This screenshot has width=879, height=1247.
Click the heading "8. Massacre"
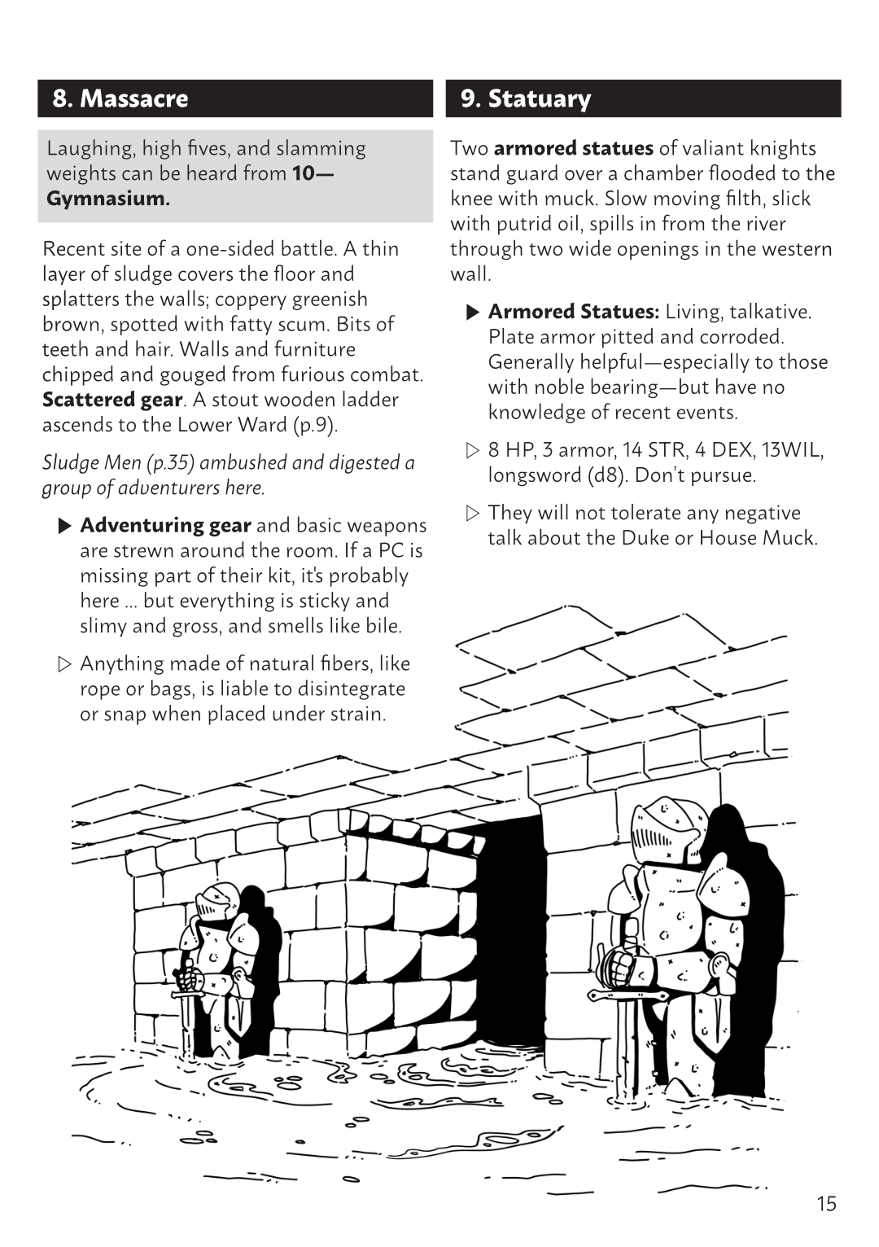120,99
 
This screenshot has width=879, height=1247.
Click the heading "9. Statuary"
526,99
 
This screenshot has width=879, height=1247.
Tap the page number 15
826,1204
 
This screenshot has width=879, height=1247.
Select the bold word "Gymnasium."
108,199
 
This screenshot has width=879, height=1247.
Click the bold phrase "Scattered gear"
112,400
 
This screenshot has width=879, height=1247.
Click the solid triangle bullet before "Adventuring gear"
66,526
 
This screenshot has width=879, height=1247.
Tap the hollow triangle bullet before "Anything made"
66,664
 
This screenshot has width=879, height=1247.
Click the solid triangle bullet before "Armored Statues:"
474,312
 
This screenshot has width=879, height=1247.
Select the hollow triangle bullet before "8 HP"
474,450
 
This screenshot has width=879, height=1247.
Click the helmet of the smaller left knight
216,901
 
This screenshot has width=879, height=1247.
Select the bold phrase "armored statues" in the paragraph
573,148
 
